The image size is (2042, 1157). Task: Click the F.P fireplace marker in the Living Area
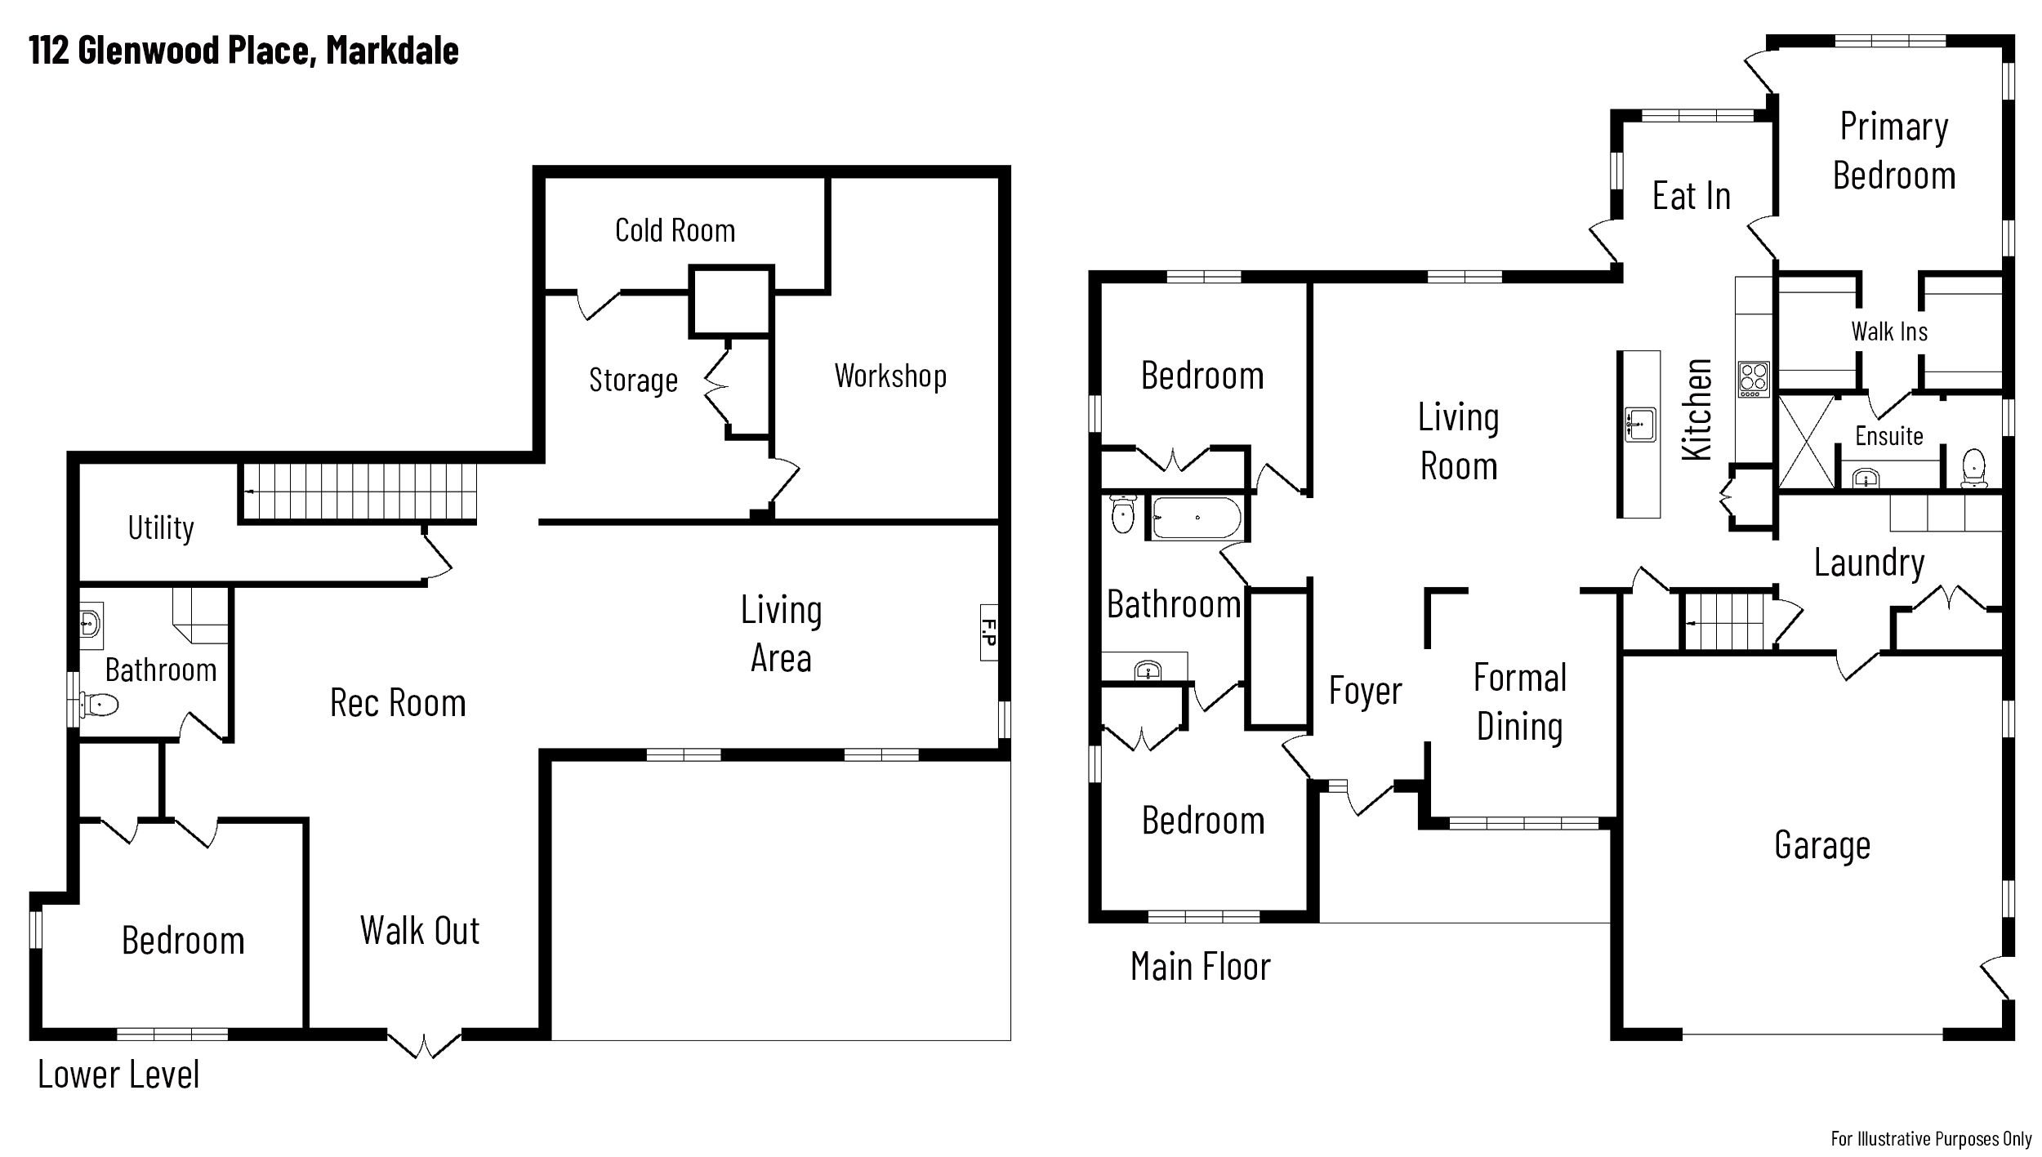[988, 632]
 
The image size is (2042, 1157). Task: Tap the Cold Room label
[675, 230]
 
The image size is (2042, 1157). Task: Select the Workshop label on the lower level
[890, 376]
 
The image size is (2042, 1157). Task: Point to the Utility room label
[161, 527]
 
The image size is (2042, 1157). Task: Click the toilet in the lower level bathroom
[100, 704]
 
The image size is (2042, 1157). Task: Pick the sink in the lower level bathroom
[91, 625]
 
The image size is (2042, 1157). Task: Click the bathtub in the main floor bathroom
[1197, 518]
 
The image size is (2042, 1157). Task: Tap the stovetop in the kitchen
[1754, 379]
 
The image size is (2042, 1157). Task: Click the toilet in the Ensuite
[1973, 468]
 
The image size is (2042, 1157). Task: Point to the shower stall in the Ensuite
[1806, 442]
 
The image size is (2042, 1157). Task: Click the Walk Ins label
[1889, 332]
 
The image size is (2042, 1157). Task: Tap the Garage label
[1822, 844]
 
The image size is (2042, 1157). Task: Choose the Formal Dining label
[1520, 702]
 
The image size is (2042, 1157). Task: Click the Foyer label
[1365, 691]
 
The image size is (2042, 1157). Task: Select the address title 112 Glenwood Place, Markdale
[243, 51]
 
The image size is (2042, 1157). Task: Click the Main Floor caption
[1200, 967]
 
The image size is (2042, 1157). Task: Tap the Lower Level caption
[118, 1075]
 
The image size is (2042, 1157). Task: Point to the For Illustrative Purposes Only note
[1931, 1138]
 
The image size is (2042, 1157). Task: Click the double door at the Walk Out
[424, 1044]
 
